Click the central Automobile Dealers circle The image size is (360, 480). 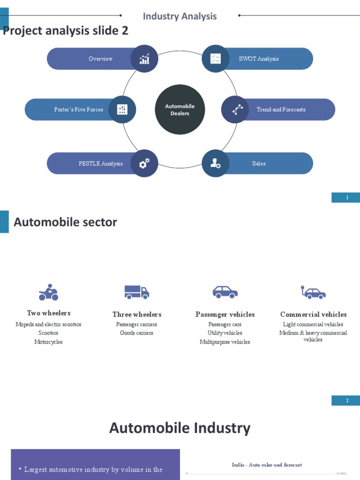pyautogui.click(x=180, y=110)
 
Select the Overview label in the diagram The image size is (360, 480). pyautogui.click(x=100, y=59)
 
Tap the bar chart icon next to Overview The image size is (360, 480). pyautogui.click(x=144, y=59)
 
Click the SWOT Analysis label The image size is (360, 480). pyautogui.click(x=259, y=59)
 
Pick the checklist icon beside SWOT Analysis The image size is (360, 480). pyautogui.click(x=216, y=59)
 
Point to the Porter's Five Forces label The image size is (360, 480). pyautogui.click(x=78, y=110)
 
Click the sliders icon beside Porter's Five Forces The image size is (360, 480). pyautogui.click(x=122, y=110)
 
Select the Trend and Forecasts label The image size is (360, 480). pyautogui.click(x=281, y=110)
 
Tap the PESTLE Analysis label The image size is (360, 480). pyautogui.click(x=100, y=164)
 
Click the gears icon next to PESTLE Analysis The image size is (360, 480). pyautogui.click(x=144, y=164)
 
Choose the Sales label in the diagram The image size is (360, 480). pyautogui.click(x=259, y=164)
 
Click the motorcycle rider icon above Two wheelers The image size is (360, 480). pyautogui.click(x=48, y=292)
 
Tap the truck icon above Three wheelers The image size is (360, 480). pyautogui.click(x=136, y=292)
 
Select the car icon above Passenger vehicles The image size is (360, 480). pyautogui.click(x=225, y=292)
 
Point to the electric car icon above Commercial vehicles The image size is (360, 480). pyautogui.click(x=313, y=292)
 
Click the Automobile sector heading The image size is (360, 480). pyautogui.click(x=65, y=222)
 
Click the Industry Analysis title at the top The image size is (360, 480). pyautogui.click(x=180, y=16)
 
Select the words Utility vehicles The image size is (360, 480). pyautogui.click(x=225, y=333)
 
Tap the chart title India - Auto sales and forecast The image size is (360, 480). pyautogui.click(x=267, y=465)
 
